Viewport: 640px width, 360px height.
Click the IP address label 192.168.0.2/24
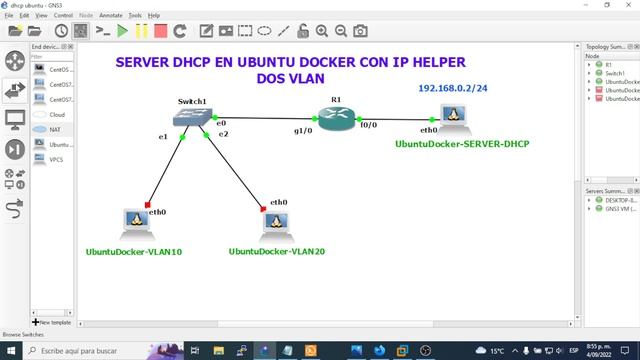452,89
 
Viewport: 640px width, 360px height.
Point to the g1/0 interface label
302,130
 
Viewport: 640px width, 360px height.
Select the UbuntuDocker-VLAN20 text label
277,251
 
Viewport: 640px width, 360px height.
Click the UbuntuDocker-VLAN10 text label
134,251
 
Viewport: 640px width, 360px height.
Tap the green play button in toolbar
122,31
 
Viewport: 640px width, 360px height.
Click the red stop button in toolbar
160,31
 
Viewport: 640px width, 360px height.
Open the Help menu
153,16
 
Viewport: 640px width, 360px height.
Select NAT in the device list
56,129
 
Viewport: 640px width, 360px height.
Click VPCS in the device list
57,159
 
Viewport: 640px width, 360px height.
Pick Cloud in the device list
57,114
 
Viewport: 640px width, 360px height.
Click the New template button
53,322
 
